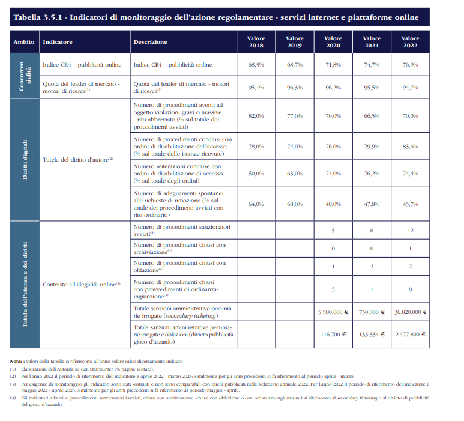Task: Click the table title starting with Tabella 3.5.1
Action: (216, 17)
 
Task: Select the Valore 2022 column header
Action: (410, 42)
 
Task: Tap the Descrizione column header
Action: (150, 42)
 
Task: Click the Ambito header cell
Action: (23, 42)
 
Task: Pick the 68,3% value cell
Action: (256, 64)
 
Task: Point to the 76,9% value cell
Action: (410, 64)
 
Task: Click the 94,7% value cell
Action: (410, 87)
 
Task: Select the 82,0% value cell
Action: (256, 115)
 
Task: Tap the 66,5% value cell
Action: (372, 115)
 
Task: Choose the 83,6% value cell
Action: (410, 147)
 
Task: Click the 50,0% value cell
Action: (256, 173)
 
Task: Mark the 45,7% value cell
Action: (410, 204)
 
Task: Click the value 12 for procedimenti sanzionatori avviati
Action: (410, 231)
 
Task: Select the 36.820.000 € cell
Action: (410, 312)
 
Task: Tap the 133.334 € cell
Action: (372, 335)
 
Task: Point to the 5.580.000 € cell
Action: (333, 312)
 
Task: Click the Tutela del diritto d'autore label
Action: (78, 160)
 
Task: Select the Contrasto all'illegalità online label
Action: (82, 285)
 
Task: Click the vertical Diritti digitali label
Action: (25, 160)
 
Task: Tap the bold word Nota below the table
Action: (16, 361)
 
